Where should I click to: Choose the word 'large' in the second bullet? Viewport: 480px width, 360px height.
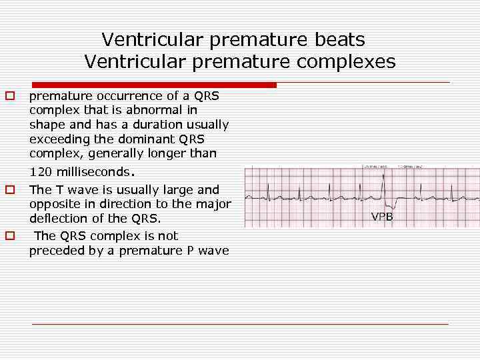(175, 189)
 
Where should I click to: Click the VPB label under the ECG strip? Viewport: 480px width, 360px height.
(382, 217)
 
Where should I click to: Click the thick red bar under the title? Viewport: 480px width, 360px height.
(153, 85)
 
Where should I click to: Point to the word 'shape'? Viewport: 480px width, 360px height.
(45, 125)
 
